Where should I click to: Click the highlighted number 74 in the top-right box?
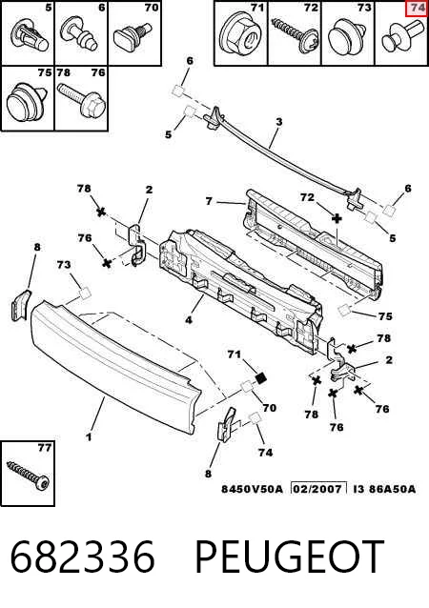418,9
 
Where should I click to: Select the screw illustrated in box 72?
296,34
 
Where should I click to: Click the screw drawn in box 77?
29,476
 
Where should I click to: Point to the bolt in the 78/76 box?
82,99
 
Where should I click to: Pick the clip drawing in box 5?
30,37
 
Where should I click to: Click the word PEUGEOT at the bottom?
289,557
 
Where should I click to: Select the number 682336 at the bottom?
82,557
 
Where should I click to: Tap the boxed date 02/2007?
318,488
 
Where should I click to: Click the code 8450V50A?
253,489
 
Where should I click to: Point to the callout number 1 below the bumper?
90,437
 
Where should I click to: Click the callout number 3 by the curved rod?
279,122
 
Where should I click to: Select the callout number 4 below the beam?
189,320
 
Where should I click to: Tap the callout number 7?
209,201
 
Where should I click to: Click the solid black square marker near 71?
261,377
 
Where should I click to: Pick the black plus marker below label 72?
337,218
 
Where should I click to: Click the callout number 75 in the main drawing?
385,316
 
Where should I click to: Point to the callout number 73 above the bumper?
64,264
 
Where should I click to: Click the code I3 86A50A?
384,489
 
